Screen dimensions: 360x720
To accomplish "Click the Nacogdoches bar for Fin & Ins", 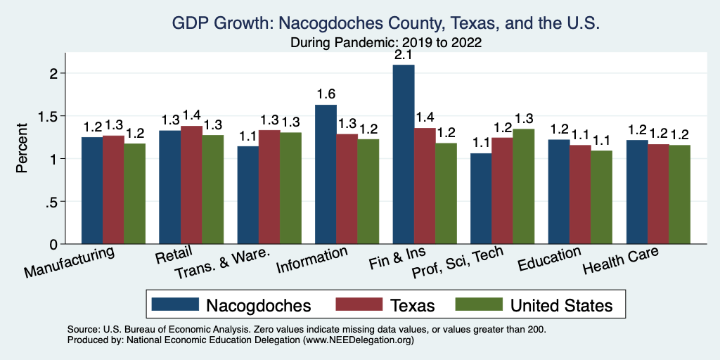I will (404, 155).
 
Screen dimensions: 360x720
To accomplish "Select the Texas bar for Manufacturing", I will (113, 190).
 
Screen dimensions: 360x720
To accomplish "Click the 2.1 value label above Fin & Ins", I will (404, 54).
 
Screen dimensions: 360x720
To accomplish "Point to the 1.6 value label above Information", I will (326, 94).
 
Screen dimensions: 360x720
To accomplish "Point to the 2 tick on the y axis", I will (62, 73).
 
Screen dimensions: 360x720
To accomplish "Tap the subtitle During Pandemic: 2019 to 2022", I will (386, 42).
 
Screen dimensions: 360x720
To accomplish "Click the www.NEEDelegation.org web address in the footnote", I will (356, 340).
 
